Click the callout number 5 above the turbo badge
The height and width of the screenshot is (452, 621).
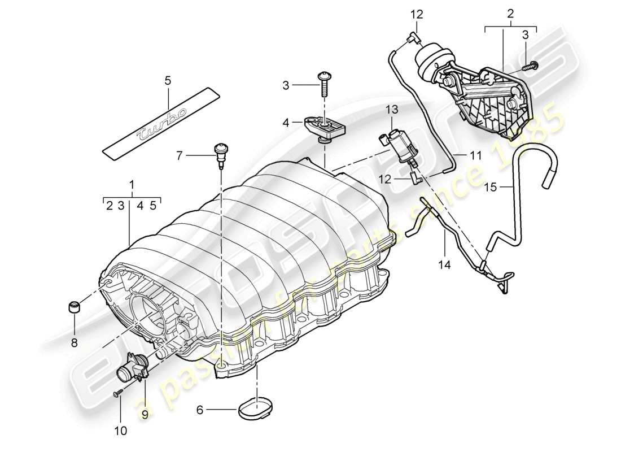tap(168, 81)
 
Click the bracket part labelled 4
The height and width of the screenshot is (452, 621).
tap(327, 126)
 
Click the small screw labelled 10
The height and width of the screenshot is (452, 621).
tap(119, 394)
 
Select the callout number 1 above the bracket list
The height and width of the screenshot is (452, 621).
tap(132, 184)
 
